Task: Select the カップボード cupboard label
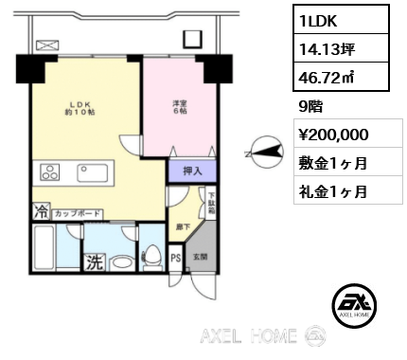(x=78, y=214)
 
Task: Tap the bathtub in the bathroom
(x=42, y=252)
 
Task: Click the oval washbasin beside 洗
(x=120, y=261)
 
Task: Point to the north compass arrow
(x=264, y=149)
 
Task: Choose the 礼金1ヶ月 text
(x=334, y=190)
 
